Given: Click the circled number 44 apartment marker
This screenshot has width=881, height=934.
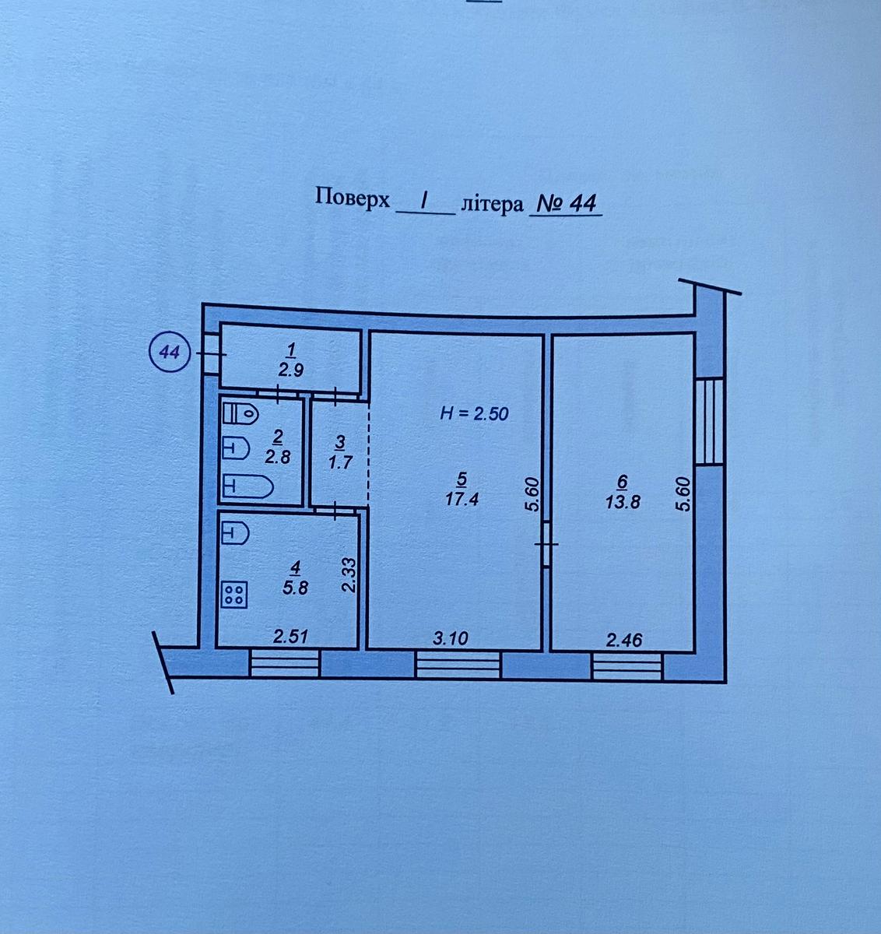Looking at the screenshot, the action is pyautogui.click(x=170, y=353).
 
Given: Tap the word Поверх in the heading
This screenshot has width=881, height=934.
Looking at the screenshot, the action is pyautogui.click(x=353, y=198).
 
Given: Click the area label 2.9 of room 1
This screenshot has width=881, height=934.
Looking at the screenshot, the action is pyautogui.click(x=290, y=370).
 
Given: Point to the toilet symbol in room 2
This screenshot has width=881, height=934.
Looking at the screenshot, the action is pyautogui.click(x=240, y=414).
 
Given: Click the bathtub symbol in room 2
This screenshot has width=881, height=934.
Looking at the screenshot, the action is pyautogui.click(x=247, y=486).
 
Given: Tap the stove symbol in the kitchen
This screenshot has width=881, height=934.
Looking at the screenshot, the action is pyautogui.click(x=233, y=594).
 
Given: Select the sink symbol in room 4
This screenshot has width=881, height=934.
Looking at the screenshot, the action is pyautogui.click(x=235, y=533).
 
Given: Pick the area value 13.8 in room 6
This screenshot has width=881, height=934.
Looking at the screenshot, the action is pyautogui.click(x=623, y=502).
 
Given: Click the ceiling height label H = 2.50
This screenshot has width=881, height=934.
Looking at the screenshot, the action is pyautogui.click(x=474, y=414).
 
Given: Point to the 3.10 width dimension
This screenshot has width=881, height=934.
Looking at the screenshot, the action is pyautogui.click(x=450, y=638).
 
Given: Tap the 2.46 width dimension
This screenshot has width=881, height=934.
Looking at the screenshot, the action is pyautogui.click(x=624, y=640).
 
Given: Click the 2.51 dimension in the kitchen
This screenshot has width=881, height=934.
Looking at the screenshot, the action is pyautogui.click(x=291, y=637).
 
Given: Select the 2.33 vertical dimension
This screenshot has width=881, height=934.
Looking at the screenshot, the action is pyautogui.click(x=349, y=574).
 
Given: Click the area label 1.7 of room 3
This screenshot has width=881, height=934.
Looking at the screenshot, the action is pyautogui.click(x=340, y=462).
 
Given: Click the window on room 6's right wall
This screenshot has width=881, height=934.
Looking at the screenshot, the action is pyautogui.click(x=709, y=421).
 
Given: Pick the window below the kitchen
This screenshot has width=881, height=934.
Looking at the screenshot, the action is pyautogui.click(x=285, y=663).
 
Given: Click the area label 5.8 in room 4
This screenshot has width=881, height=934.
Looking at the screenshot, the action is pyautogui.click(x=296, y=588).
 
